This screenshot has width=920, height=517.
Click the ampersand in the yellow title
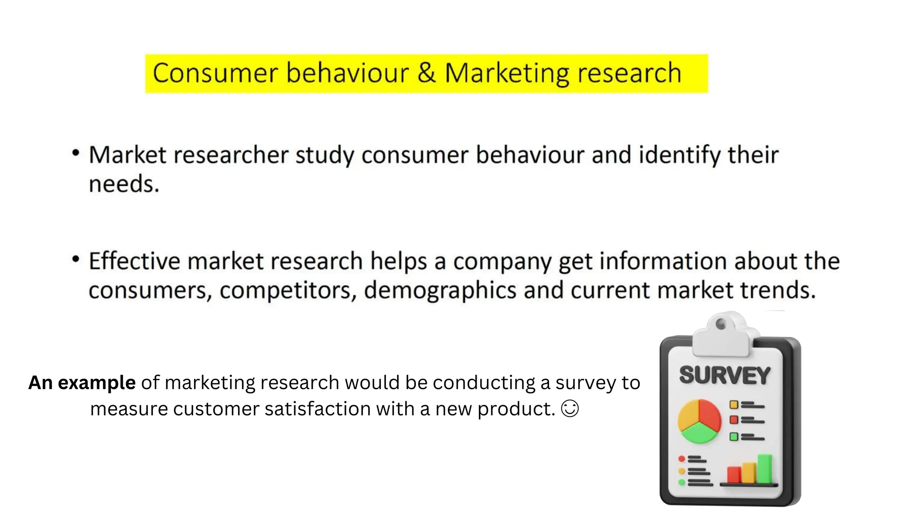[x=426, y=73]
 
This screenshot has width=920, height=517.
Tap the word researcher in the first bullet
[x=230, y=155]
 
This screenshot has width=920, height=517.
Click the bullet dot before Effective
[x=76, y=259]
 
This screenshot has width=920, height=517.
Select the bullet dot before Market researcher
[x=76, y=153]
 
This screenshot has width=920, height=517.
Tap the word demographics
[x=440, y=291]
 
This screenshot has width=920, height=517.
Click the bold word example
[x=97, y=383]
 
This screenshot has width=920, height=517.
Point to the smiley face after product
[x=570, y=409]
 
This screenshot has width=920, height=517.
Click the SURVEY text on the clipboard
[x=725, y=375]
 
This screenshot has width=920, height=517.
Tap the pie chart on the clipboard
[x=699, y=421]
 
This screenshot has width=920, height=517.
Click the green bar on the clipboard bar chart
[x=765, y=469]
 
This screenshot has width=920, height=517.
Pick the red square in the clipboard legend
[x=734, y=420]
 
